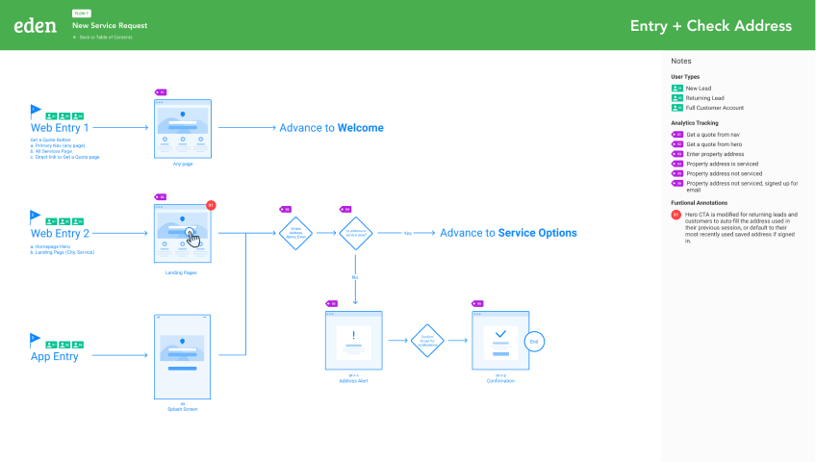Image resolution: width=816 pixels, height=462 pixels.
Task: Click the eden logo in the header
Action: coord(36,26)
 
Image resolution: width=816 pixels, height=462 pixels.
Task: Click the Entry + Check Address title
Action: coord(710,26)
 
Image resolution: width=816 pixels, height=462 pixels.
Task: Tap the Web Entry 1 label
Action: coord(60,127)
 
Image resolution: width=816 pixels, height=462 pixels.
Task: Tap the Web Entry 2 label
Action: coord(60,233)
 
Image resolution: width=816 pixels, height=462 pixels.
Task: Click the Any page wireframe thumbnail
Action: coord(182,129)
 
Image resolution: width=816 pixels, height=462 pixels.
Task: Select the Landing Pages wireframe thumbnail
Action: coord(182,234)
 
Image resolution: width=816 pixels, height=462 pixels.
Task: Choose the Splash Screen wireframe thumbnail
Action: coord(182,356)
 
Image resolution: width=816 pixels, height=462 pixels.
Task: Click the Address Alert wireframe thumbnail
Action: coord(355,341)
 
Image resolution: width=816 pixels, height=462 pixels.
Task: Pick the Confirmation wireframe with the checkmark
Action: coord(500,340)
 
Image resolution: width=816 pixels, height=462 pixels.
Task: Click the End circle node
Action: coord(535,342)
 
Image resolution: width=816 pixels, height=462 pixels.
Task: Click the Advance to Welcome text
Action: coord(331,128)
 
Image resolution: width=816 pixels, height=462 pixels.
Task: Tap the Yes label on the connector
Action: coord(407,233)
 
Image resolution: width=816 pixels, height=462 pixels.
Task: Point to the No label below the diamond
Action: coord(355,277)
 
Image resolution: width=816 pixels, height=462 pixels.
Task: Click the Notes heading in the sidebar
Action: coord(681,62)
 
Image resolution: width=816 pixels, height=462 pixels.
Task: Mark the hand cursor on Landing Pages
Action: coord(194,238)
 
